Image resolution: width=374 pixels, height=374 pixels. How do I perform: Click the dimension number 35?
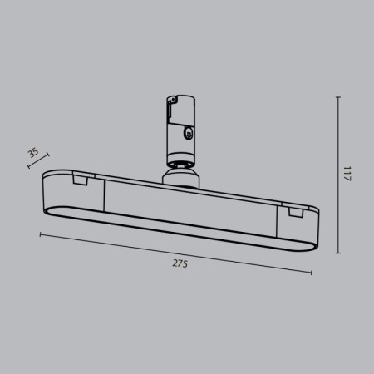coord(33,152)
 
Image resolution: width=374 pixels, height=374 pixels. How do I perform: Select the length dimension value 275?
coord(180,263)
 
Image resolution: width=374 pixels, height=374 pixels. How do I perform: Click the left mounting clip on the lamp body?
coord(81,179)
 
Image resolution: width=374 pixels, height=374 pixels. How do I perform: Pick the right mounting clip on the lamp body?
coord(294,214)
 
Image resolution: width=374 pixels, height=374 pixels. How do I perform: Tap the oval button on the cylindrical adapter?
coord(191,131)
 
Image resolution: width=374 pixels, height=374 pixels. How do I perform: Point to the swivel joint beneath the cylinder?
coord(180,164)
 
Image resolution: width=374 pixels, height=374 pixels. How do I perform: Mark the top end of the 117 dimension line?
coord(339,97)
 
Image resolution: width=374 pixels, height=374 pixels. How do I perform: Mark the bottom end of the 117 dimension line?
coord(339,254)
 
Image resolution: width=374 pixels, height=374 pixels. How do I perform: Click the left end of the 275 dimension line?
coord(40,236)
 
